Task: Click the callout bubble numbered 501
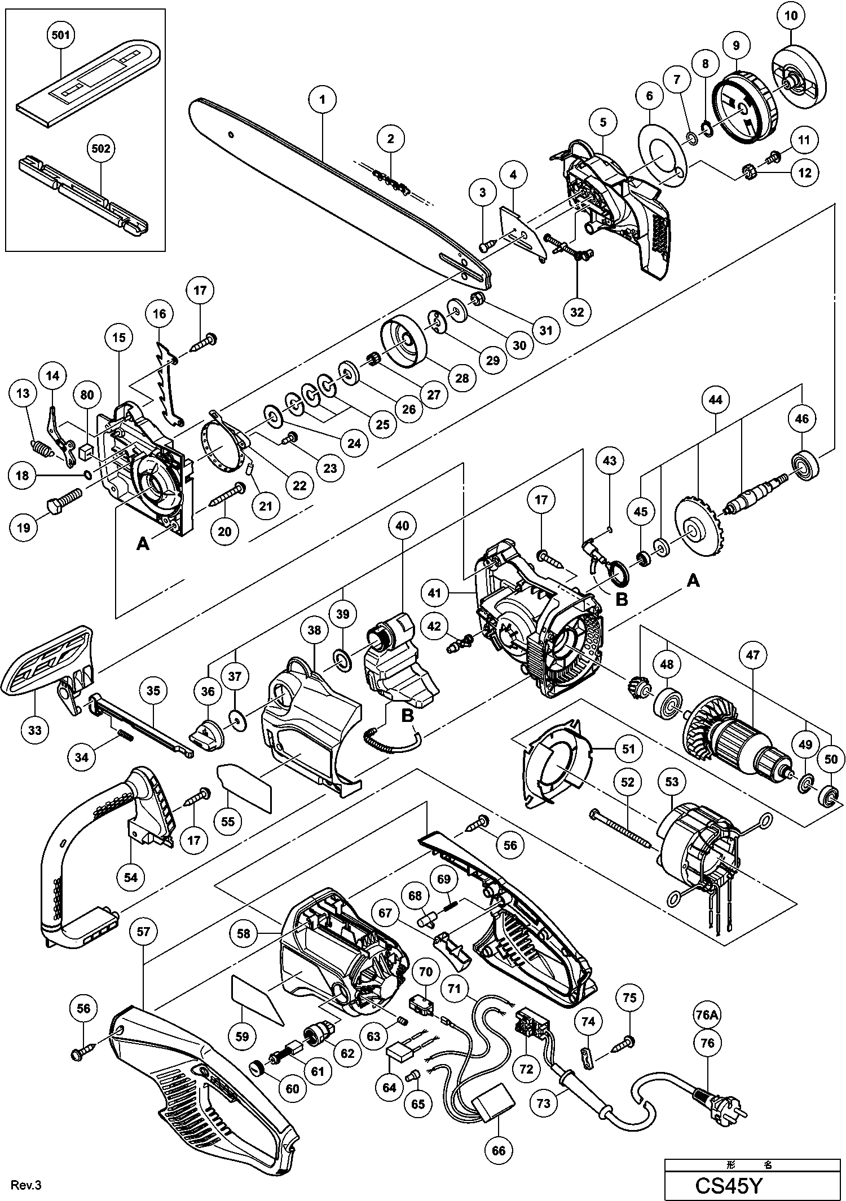[60, 35]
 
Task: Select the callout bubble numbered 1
[322, 100]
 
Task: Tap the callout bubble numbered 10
[791, 16]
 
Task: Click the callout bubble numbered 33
[35, 730]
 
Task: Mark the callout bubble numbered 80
[87, 395]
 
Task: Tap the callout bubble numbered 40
[402, 525]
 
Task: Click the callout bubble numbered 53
[672, 782]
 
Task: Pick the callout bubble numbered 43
[610, 460]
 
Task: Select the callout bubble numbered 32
[577, 311]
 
